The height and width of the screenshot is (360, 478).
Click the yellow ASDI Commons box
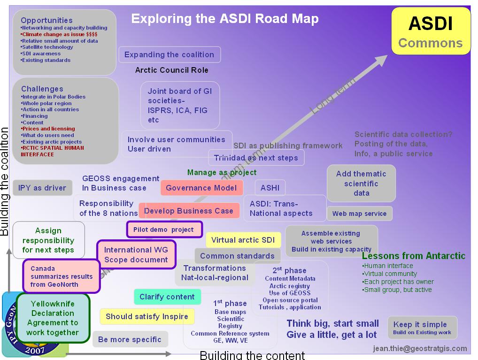click(x=431, y=31)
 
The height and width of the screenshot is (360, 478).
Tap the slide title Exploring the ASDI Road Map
click(x=225, y=19)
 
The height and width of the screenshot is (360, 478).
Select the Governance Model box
click(x=201, y=188)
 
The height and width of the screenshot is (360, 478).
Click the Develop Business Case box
click(x=189, y=211)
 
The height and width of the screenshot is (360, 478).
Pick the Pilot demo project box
click(x=164, y=230)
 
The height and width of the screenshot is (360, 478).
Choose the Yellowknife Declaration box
click(x=53, y=318)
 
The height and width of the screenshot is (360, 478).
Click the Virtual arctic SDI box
click(x=243, y=240)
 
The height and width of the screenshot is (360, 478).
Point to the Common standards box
click(x=237, y=256)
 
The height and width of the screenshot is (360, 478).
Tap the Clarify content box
click(x=167, y=297)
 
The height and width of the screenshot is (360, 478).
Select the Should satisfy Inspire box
click(x=146, y=316)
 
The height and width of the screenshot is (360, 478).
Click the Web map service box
click(x=359, y=214)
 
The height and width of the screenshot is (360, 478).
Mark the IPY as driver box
click(x=42, y=188)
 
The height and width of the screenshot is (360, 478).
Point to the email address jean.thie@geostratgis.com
click(x=420, y=348)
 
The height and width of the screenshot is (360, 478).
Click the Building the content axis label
click(x=252, y=355)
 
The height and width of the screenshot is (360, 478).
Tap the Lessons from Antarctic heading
click(x=413, y=256)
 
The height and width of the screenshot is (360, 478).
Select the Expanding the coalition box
click(x=169, y=54)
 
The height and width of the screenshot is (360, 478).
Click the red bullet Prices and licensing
click(x=48, y=129)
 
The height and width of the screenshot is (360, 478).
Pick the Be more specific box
click(x=130, y=339)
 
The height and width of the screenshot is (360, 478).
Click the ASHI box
click(x=270, y=188)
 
